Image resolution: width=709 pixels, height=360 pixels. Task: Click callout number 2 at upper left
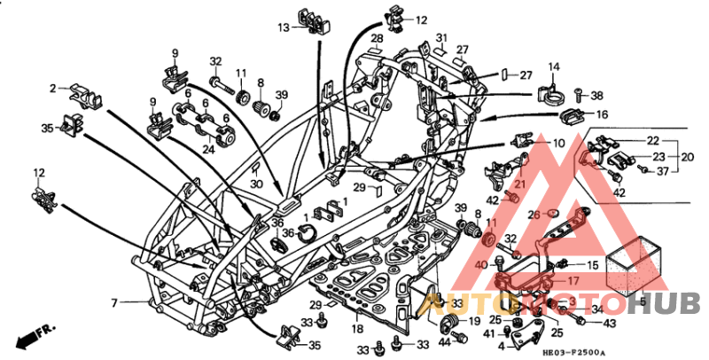(x=52, y=88)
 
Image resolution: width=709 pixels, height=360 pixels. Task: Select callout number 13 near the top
(x=284, y=27)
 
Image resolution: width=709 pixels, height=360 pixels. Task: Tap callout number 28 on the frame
(x=377, y=39)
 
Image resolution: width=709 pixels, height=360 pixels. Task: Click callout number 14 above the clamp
(x=554, y=67)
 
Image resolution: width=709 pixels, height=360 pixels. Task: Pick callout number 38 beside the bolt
(x=596, y=95)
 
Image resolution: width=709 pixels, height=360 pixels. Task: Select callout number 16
(x=602, y=114)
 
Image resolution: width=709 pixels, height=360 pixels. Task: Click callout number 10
(x=558, y=143)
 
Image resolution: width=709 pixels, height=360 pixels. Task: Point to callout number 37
(x=662, y=171)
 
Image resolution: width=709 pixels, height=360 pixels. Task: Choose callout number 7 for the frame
(x=114, y=303)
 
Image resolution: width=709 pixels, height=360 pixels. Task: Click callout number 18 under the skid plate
(x=357, y=328)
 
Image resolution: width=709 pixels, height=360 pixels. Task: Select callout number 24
(x=208, y=149)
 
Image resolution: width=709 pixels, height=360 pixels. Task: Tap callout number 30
(x=256, y=184)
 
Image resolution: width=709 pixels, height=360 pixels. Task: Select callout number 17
(x=573, y=281)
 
